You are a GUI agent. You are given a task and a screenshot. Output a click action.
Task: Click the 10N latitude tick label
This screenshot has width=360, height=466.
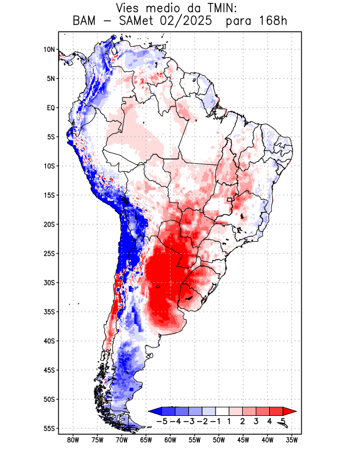click(49, 50)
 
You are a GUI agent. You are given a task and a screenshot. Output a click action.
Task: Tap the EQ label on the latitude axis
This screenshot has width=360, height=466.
click(51, 108)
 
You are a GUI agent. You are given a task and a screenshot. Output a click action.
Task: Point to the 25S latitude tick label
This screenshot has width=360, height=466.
click(49, 253)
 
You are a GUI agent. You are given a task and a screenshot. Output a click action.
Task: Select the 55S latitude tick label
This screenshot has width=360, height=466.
click(49, 428)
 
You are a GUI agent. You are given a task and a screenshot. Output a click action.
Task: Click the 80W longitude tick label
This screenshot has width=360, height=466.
click(73, 440)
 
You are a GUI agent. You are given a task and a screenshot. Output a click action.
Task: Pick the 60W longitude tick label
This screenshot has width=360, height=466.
click(170, 440)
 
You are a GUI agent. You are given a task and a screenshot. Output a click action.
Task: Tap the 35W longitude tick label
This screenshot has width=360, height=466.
click(292, 440)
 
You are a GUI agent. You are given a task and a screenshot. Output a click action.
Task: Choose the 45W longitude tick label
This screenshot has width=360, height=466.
click(243, 440)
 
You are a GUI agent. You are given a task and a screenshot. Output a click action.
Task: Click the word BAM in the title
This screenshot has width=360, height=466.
click(85, 21)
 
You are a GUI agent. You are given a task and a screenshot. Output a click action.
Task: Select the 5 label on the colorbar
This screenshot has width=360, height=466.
click(284, 421)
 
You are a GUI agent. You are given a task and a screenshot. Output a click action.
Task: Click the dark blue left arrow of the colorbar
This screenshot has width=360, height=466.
click(155, 411)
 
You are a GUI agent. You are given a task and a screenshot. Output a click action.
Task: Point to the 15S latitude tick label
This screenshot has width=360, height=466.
click(49, 195)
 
